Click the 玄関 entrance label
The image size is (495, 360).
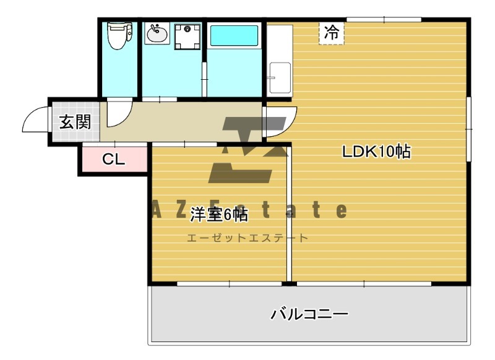pos(75,122)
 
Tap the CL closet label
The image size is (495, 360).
pos(114,160)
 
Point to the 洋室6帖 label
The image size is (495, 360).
pos(219,215)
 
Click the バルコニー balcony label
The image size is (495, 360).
pos(309,314)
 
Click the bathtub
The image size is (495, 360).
pos(234,35)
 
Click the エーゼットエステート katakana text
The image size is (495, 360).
pos(247,238)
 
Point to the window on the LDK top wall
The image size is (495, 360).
pos(384,20)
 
